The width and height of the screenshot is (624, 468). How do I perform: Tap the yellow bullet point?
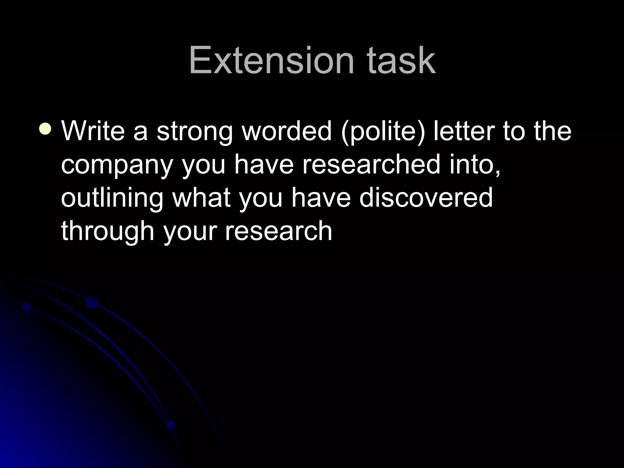tap(46, 128)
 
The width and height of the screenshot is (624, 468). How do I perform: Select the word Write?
tap(93, 131)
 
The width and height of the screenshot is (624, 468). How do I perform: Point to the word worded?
tap(286, 131)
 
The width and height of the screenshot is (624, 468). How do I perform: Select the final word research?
tap(278, 231)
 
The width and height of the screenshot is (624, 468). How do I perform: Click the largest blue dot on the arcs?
tap(92, 301)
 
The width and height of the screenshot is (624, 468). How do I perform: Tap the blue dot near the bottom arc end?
tap(172, 425)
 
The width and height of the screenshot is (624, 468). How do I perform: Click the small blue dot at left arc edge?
tap(27, 307)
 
